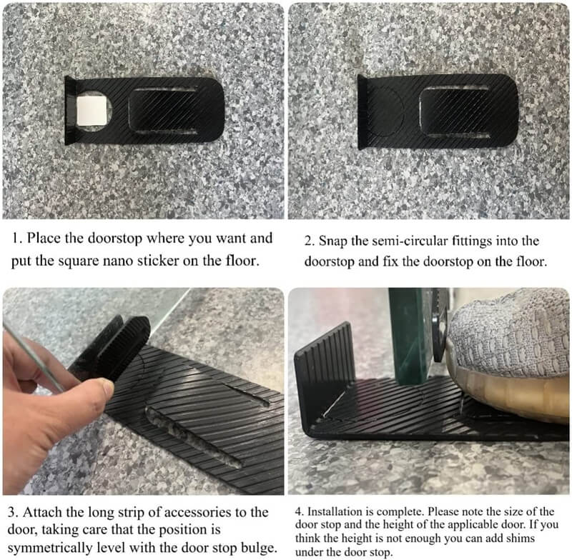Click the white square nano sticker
tap(92, 111)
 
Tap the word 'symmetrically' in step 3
tap(50, 548)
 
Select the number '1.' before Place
tap(16, 239)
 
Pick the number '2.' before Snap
tap(310, 241)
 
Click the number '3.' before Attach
tap(13, 513)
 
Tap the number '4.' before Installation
tap(300, 511)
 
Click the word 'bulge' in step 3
tap(258, 547)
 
